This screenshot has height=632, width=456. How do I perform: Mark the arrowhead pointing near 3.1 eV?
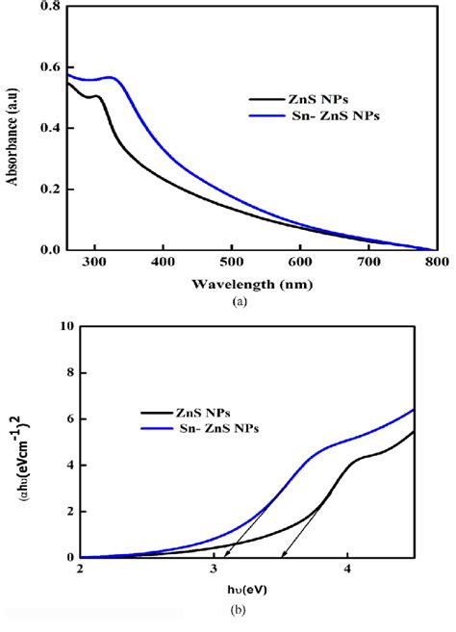[227, 555]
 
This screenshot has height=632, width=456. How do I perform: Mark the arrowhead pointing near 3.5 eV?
[281, 555]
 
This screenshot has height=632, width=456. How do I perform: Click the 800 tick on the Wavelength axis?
[436, 261]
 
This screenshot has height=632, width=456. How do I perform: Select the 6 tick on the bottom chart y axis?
[66, 418]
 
